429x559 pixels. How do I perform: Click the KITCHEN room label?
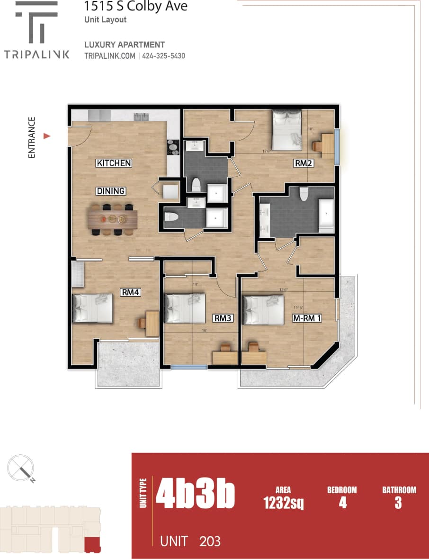[114, 163]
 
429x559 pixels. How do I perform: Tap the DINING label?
[111, 191]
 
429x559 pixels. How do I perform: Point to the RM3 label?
[222, 318]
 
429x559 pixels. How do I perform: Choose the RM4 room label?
[130, 292]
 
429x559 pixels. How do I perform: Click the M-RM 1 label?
[307, 318]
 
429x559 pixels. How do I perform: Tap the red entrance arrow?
[47, 136]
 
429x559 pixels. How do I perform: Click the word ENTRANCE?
[32, 137]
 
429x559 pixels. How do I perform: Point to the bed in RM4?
[93, 308]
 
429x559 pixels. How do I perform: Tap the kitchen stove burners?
[173, 147]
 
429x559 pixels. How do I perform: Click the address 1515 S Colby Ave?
[135, 6]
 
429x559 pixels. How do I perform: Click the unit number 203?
[210, 541]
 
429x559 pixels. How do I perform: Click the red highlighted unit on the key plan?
[92, 544]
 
